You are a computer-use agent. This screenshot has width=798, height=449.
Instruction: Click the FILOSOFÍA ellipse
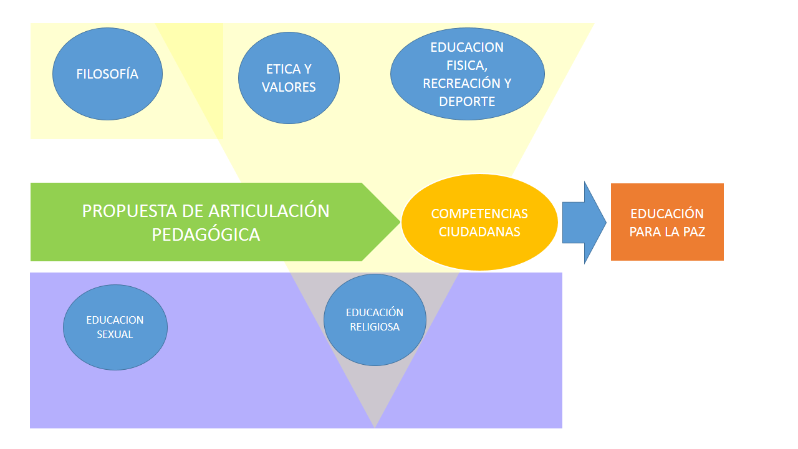pos(107,74)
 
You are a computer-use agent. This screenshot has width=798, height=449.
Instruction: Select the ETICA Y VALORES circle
pos(289,78)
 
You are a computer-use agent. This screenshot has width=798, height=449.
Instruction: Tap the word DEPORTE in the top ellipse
pos(467,102)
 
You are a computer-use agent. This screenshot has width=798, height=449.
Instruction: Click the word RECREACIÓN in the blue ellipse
pos(459,84)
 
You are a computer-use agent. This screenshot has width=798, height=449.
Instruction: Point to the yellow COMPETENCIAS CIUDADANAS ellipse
pos(479,222)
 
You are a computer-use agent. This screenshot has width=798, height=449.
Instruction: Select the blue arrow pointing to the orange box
pos(583,222)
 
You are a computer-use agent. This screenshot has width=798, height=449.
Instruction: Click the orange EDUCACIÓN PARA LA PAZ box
pos(667,222)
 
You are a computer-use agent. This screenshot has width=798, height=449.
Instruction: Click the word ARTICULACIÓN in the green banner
pos(269,211)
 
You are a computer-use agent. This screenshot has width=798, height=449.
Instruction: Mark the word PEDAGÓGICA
pos(206,234)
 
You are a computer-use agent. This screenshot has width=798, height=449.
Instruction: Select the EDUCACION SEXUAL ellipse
pos(115,327)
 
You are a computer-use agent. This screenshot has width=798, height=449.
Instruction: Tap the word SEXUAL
pos(115,334)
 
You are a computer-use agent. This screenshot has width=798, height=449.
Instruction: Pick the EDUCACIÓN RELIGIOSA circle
pos(375,319)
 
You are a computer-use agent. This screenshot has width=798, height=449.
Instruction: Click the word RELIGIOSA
pos(375,326)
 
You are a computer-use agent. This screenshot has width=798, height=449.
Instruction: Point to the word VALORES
pos(289,87)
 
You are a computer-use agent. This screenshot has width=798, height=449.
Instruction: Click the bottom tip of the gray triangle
pos(375,427)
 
